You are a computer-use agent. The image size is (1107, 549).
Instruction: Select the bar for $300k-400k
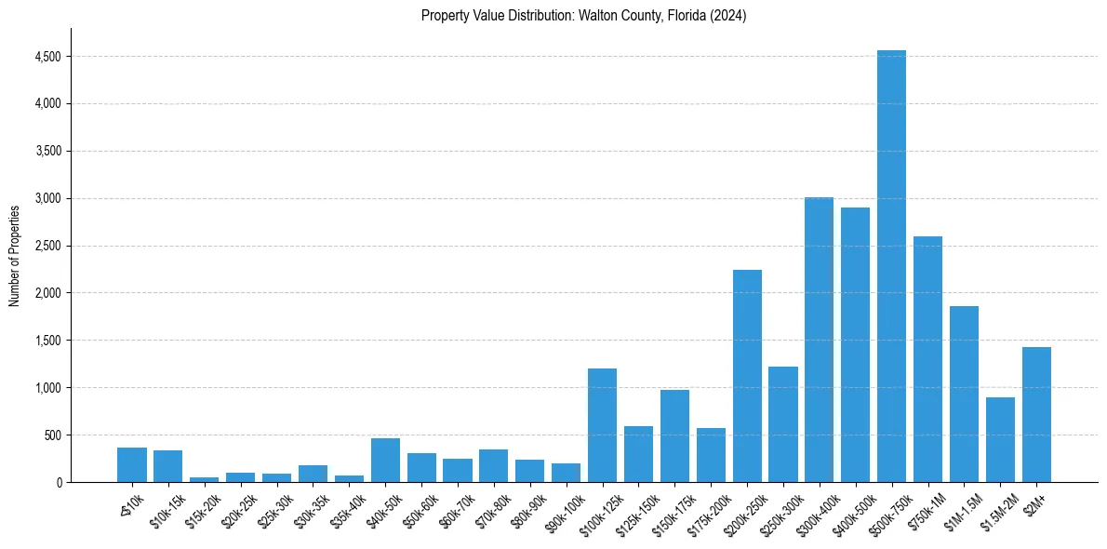click(819, 340)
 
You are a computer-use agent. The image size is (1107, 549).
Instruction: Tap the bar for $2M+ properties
click(1036, 414)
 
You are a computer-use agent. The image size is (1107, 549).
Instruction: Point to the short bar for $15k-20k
click(204, 479)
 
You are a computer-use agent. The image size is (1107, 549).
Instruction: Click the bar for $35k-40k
click(349, 478)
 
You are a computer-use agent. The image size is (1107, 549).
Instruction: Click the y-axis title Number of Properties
click(14, 255)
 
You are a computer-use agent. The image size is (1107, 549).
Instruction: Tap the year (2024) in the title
click(727, 16)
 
